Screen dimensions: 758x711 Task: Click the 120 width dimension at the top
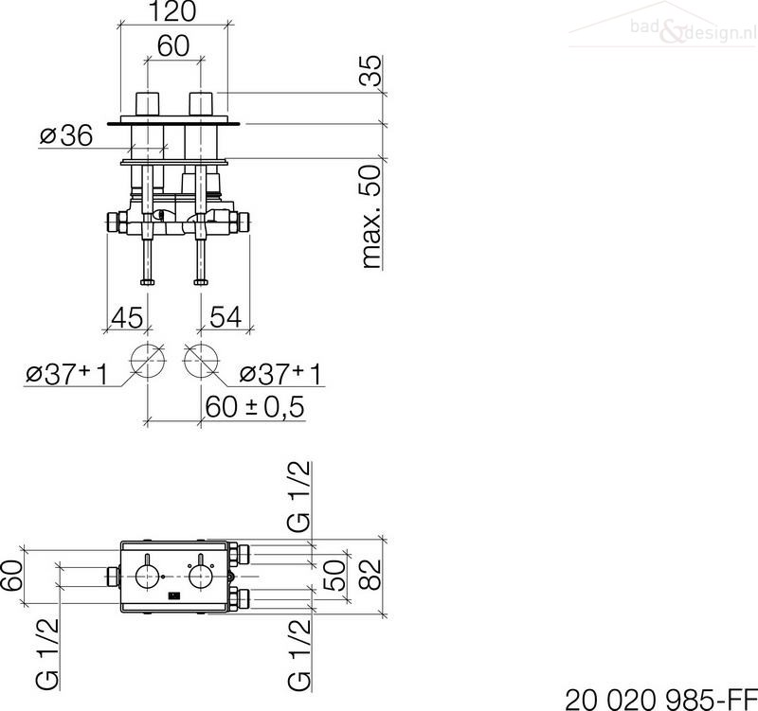(172, 11)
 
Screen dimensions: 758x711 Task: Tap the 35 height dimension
(371, 70)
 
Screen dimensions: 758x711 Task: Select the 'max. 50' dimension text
(371, 217)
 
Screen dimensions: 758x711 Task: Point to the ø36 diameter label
(66, 135)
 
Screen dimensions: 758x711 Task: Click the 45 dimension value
(127, 317)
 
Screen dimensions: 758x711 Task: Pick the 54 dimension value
(226, 317)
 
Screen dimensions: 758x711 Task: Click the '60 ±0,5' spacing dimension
(255, 407)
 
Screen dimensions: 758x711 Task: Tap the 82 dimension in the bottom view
(371, 575)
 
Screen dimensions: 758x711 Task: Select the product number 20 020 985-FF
(660, 699)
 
